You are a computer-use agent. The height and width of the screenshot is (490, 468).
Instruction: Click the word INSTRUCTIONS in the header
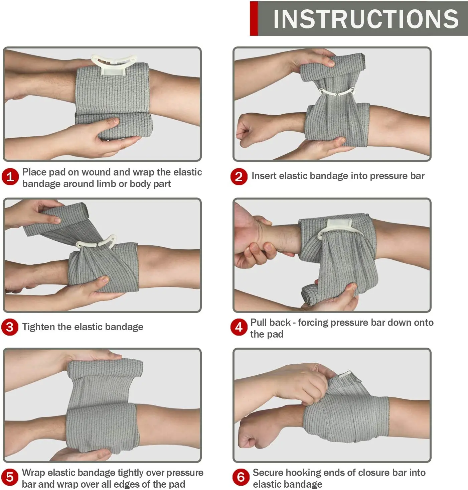pos(366,19)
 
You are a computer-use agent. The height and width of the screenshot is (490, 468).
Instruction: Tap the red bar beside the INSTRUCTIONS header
pos(254,19)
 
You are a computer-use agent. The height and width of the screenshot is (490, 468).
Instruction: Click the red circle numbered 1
pos(10,176)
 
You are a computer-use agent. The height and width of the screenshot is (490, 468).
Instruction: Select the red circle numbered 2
pos(239,176)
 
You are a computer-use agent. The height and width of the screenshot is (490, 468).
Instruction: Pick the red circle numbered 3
pos(10,327)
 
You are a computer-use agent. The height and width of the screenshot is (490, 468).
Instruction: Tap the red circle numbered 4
pos(239,327)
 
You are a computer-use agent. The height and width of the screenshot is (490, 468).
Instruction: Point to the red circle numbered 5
pos(10,477)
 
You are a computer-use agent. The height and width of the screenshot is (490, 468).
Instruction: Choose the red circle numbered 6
pos(241,477)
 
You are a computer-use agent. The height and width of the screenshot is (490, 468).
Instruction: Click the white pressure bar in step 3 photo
pos(97,243)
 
